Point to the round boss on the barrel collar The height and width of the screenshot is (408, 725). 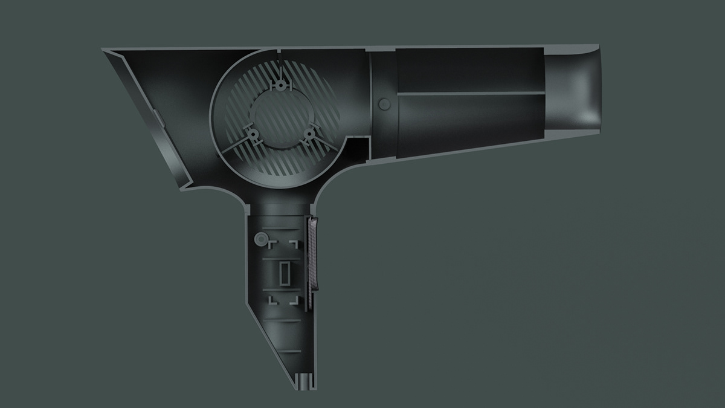[382, 104]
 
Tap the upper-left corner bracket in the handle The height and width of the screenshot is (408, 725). [272, 243]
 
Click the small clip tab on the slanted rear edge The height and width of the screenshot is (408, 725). [156, 118]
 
